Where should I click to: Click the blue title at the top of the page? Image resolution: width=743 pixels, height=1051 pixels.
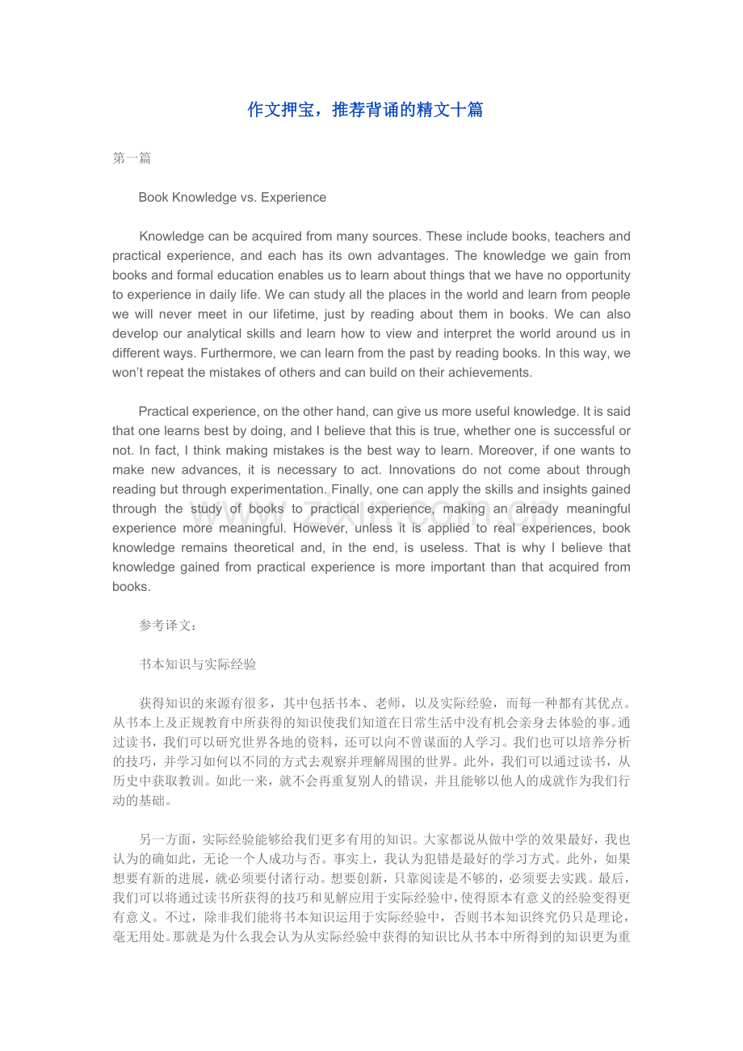pyautogui.click(x=365, y=110)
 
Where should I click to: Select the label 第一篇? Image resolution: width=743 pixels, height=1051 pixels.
pyautogui.click(x=132, y=158)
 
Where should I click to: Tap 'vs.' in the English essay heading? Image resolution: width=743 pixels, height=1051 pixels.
pyautogui.click(x=243, y=197)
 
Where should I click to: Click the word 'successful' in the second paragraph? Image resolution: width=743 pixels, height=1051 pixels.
pyautogui.click(x=583, y=431)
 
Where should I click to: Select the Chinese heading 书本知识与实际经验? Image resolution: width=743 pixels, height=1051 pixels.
pyautogui.click(x=198, y=664)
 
